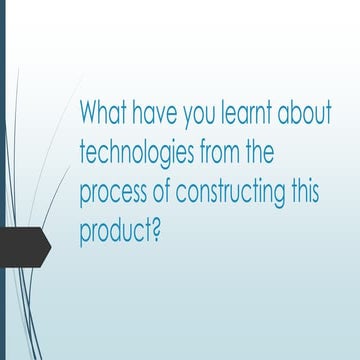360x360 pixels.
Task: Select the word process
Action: (x=112, y=193)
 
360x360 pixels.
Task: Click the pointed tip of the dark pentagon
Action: (x=49, y=243)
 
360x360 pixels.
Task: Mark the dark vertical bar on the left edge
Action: (x=2, y=180)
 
